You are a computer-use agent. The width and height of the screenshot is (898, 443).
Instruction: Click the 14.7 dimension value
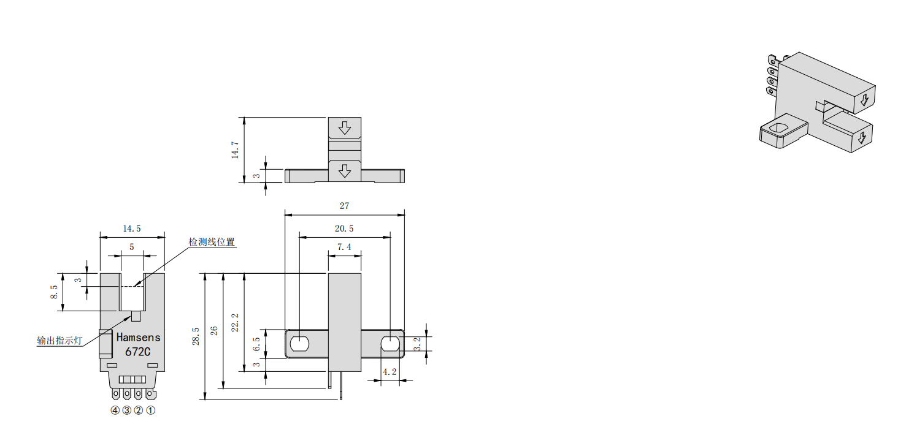(x=235, y=150)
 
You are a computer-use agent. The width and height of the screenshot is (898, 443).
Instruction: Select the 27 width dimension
(x=345, y=206)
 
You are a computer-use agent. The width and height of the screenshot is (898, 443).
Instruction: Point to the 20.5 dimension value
(x=344, y=229)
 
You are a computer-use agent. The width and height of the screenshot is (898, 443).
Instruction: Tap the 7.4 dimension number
(x=344, y=247)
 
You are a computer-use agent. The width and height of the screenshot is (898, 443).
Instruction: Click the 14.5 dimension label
(x=132, y=229)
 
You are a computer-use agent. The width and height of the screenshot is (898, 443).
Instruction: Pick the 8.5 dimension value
(x=54, y=292)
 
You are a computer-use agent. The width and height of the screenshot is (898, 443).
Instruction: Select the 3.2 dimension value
(x=418, y=344)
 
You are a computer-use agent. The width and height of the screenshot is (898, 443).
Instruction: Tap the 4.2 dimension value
(x=389, y=372)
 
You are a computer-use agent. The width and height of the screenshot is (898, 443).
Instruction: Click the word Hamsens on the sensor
(x=138, y=338)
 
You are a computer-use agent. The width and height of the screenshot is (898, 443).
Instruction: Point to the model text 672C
(x=138, y=352)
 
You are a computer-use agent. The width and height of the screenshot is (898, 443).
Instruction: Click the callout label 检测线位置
(x=212, y=242)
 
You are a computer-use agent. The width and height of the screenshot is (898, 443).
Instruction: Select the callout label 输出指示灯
(x=59, y=341)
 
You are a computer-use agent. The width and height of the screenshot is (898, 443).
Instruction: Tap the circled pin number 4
(x=115, y=411)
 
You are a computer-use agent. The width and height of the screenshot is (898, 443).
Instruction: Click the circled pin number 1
(x=151, y=411)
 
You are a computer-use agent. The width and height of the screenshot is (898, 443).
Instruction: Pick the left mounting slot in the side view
(x=299, y=344)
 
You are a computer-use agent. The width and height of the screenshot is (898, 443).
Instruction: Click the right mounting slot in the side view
(x=390, y=344)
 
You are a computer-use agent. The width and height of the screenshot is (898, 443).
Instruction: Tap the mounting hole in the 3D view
(x=780, y=129)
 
